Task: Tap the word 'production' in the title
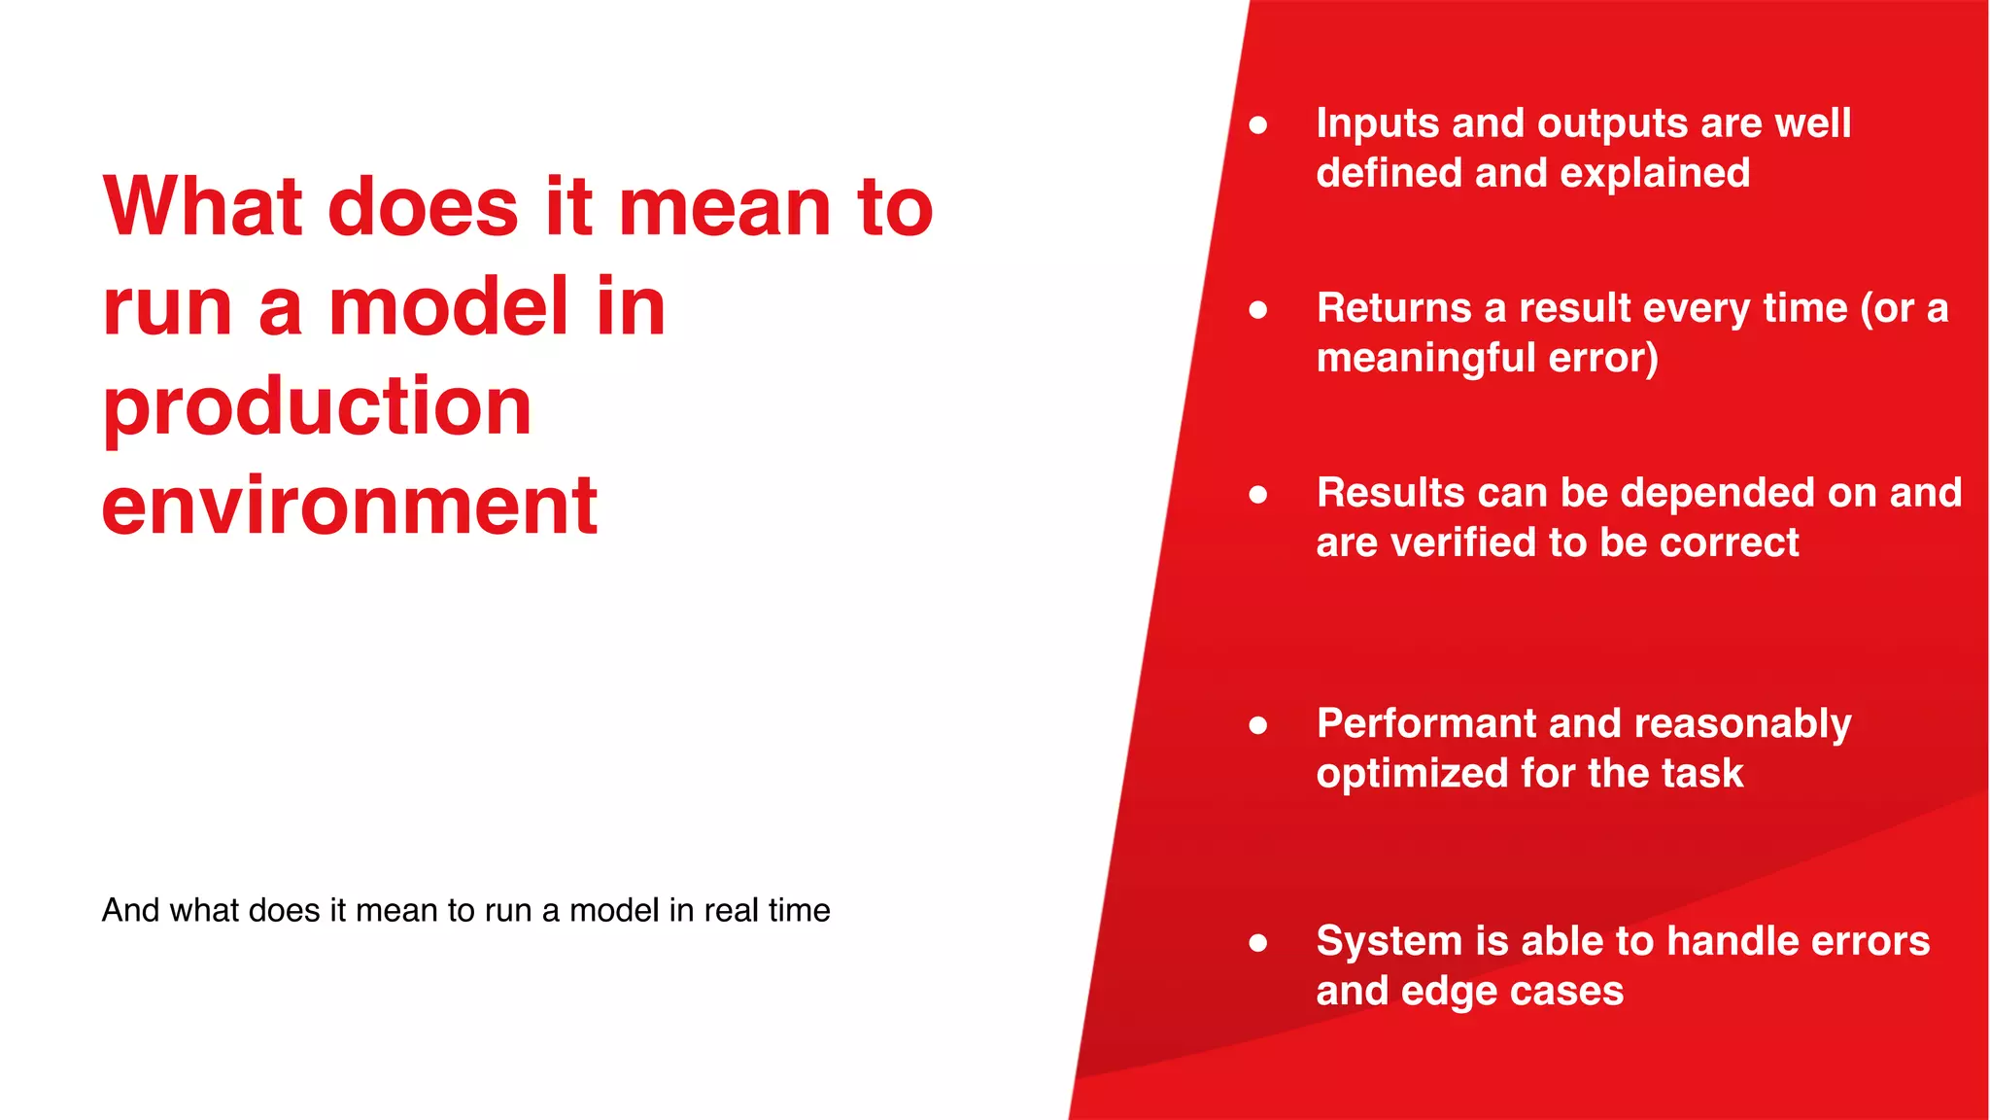tap(317, 406)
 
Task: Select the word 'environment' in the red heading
tap(350, 506)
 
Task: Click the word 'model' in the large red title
tap(449, 306)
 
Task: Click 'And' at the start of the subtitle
tap(130, 910)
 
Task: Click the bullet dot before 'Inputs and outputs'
tap(1258, 124)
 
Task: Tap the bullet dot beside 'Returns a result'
tap(1258, 309)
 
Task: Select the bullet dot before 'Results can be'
tap(1258, 494)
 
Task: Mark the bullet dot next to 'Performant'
tap(1258, 724)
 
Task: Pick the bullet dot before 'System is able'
tap(1258, 942)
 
